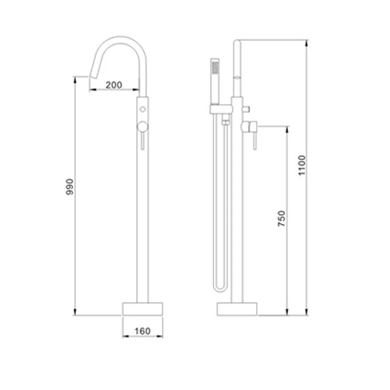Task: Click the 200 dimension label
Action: [114, 85]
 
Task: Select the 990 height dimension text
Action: [70, 187]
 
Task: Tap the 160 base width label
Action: [142, 331]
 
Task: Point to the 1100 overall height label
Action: [302, 165]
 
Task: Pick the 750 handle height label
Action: [281, 218]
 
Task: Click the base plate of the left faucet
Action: [142, 309]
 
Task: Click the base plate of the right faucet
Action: [237, 309]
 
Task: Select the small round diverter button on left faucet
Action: [142, 109]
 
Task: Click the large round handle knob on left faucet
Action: [142, 126]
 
